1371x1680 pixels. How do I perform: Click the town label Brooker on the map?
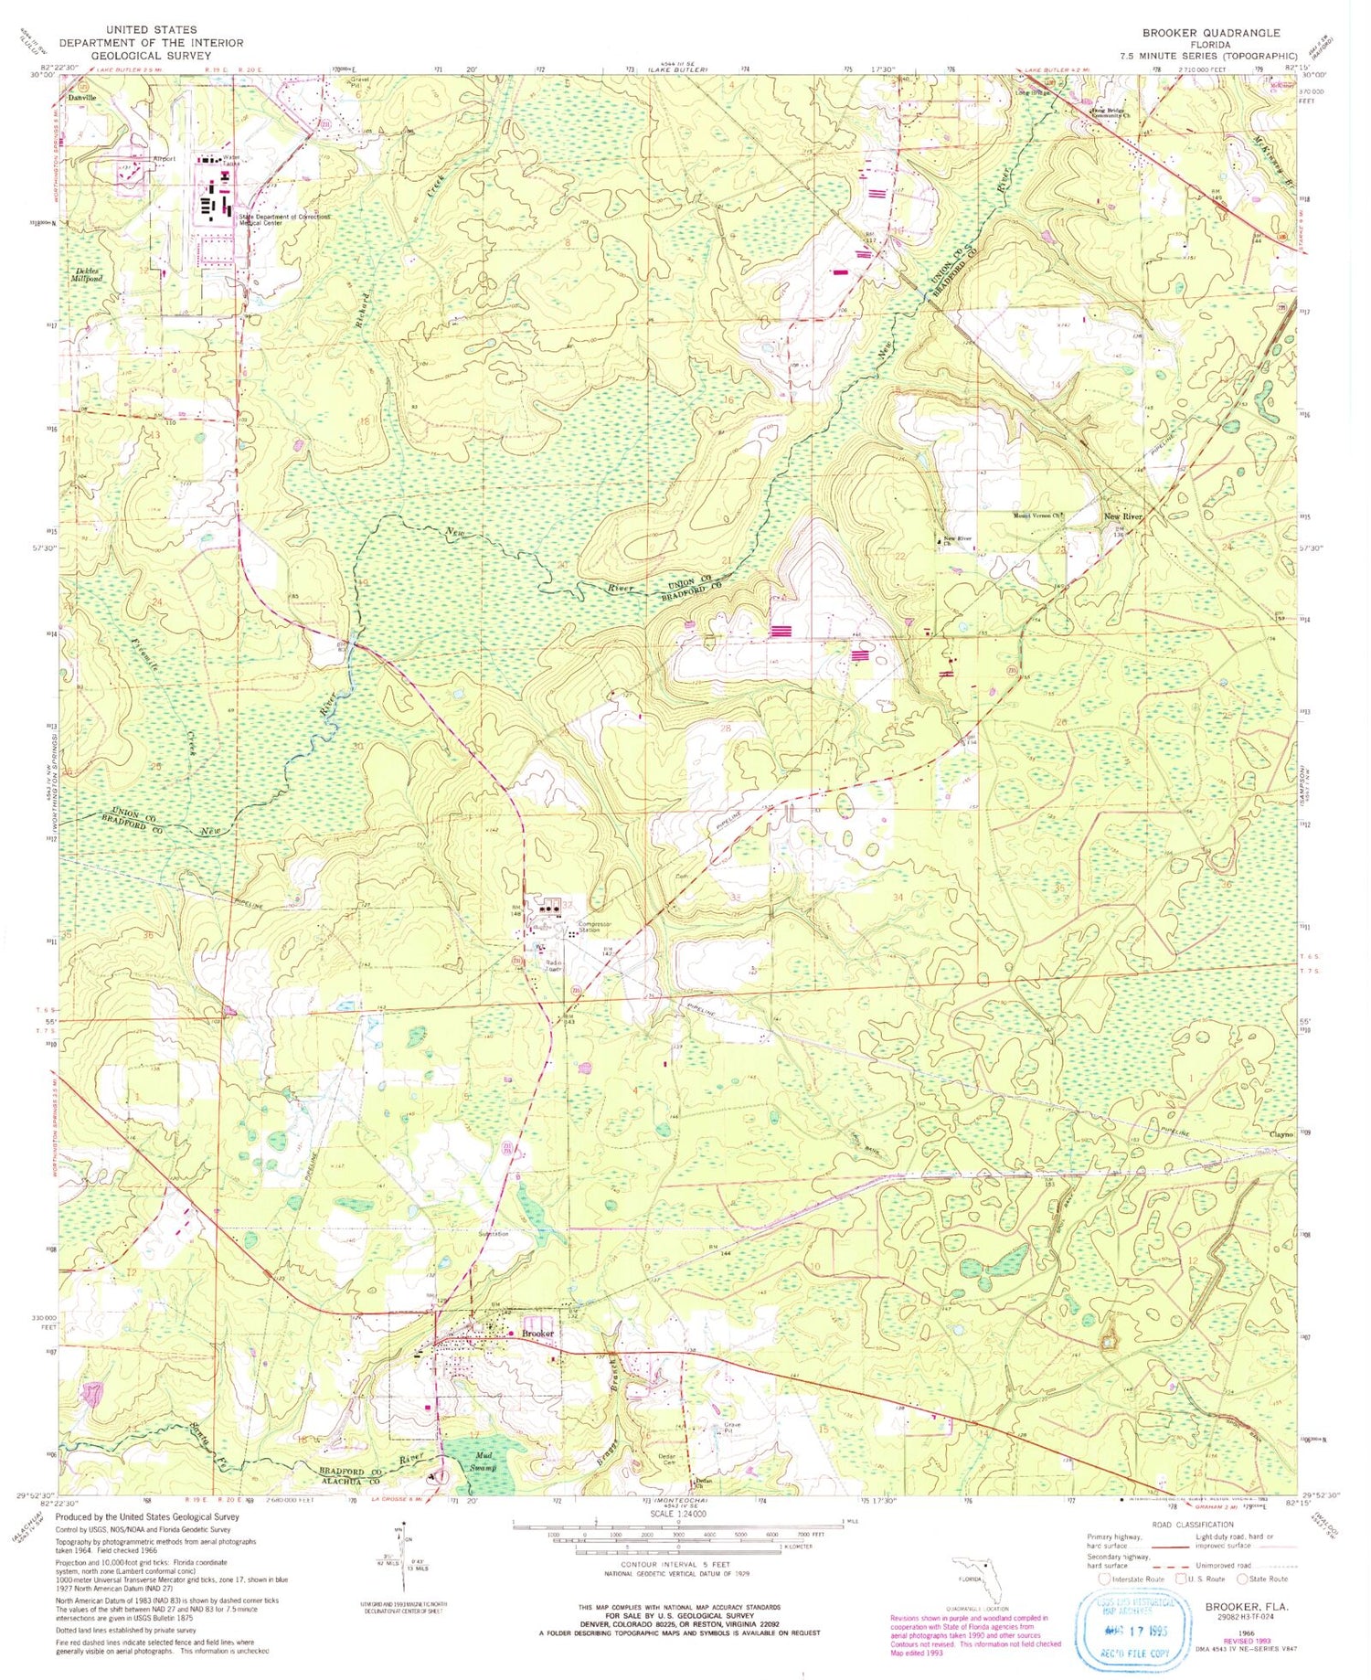[538, 1334]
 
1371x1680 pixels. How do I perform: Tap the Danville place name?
[79, 96]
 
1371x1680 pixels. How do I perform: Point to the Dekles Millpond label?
[89, 274]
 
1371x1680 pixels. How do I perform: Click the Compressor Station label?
[593, 928]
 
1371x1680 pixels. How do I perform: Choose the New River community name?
[1123, 517]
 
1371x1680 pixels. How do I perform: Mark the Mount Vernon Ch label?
[1039, 515]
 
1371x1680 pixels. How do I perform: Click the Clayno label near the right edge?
[1281, 1133]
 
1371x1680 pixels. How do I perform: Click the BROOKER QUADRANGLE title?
[1211, 32]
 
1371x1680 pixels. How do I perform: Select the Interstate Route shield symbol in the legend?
[1105, 1579]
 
